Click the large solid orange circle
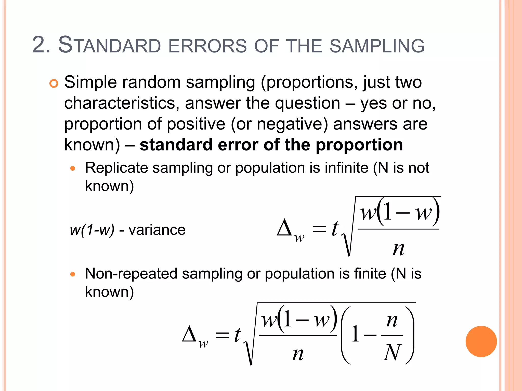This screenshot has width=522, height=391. tap(481, 341)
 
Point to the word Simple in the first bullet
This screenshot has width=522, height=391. tap(90, 82)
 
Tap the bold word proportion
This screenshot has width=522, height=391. tap(359, 145)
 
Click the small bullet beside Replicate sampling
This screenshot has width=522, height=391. tap(73, 168)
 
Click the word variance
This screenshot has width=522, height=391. tap(157, 230)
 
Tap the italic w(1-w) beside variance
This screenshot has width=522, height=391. tap(92, 230)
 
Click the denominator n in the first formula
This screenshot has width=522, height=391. tap(398, 248)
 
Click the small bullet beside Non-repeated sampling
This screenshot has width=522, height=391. tap(73, 274)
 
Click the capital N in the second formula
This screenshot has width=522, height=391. tap(392, 352)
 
